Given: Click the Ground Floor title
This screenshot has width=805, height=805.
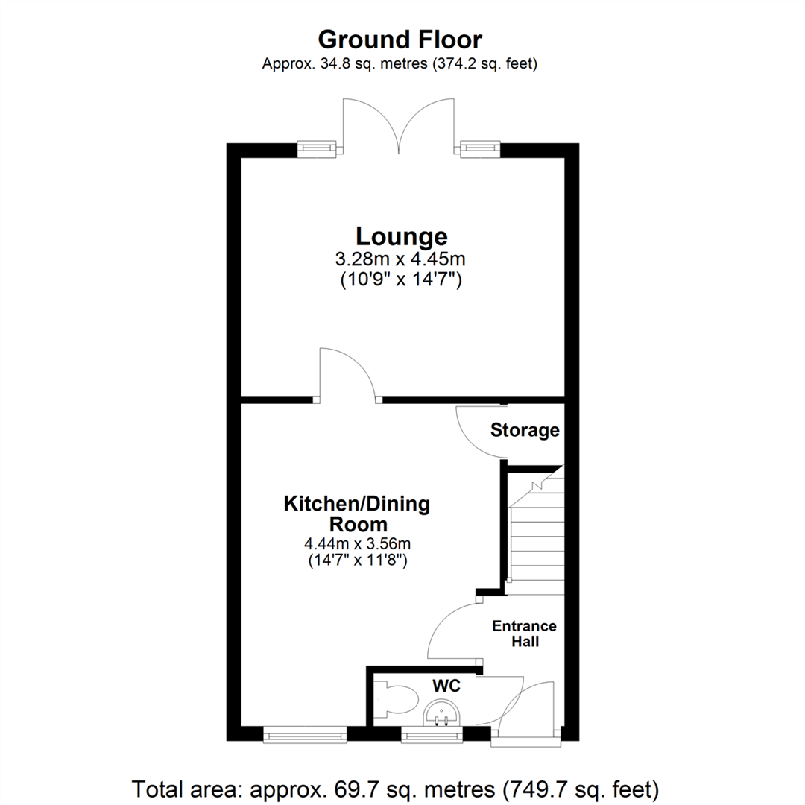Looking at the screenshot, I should coord(400,39).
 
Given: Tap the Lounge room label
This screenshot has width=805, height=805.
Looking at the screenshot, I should coord(402,236).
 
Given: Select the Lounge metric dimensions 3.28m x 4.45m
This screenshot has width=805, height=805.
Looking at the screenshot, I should coord(402,260).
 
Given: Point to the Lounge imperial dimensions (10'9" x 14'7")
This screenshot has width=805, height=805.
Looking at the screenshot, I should coord(402,280).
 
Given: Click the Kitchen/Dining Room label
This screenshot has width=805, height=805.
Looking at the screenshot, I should coord(357,514).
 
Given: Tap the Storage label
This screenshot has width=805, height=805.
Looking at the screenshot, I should coord(525,430).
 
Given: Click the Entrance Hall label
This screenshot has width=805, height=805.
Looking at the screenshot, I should coord(524,634).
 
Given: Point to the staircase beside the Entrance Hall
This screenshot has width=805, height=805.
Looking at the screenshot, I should coord(535,529).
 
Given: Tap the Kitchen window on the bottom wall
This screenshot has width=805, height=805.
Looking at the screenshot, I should coord(306,736).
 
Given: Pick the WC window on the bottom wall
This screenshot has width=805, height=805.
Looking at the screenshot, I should coord(431,736).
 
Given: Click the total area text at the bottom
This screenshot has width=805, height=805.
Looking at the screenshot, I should coord(395,787).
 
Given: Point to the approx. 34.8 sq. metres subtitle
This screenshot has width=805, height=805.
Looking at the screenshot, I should coord(400,64).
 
